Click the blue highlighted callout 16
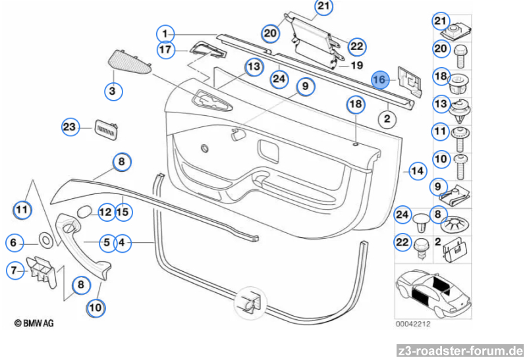pos(379,79)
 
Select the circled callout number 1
pos(165,33)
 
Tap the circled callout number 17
pos(165,49)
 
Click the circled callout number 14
pos(416,171)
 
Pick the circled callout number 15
pos(122,211)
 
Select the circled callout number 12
pos(105,211)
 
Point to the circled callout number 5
pos(107,243)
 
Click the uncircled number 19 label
pos(356,66)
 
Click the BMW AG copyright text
pos(34,322)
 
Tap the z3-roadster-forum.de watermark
pos(460,351)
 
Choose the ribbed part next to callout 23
pos(105,128)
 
